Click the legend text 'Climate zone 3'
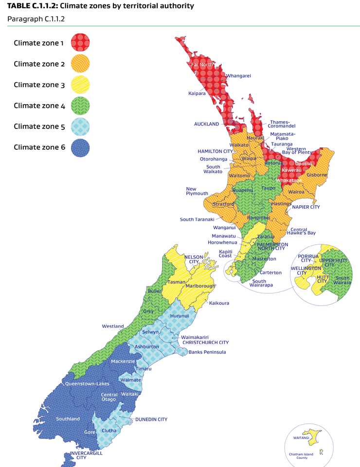point(39,85)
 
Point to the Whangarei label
point(238,76)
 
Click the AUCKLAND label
point(206,124)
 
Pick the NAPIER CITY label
point(306,207)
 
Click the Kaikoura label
point(219,303)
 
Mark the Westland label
point(113,326)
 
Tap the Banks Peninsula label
point(207,352)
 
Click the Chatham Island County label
point(302,455)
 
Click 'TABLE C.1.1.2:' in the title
point(32,6)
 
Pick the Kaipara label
point(197,93)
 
